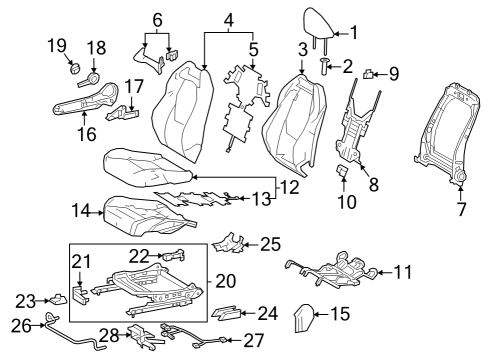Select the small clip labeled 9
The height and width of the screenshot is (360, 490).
coord(370,73)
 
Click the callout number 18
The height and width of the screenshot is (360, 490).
coord(96,48)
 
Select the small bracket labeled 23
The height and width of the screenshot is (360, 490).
coord(58,298)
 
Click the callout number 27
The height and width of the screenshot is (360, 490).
coord(254,340)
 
